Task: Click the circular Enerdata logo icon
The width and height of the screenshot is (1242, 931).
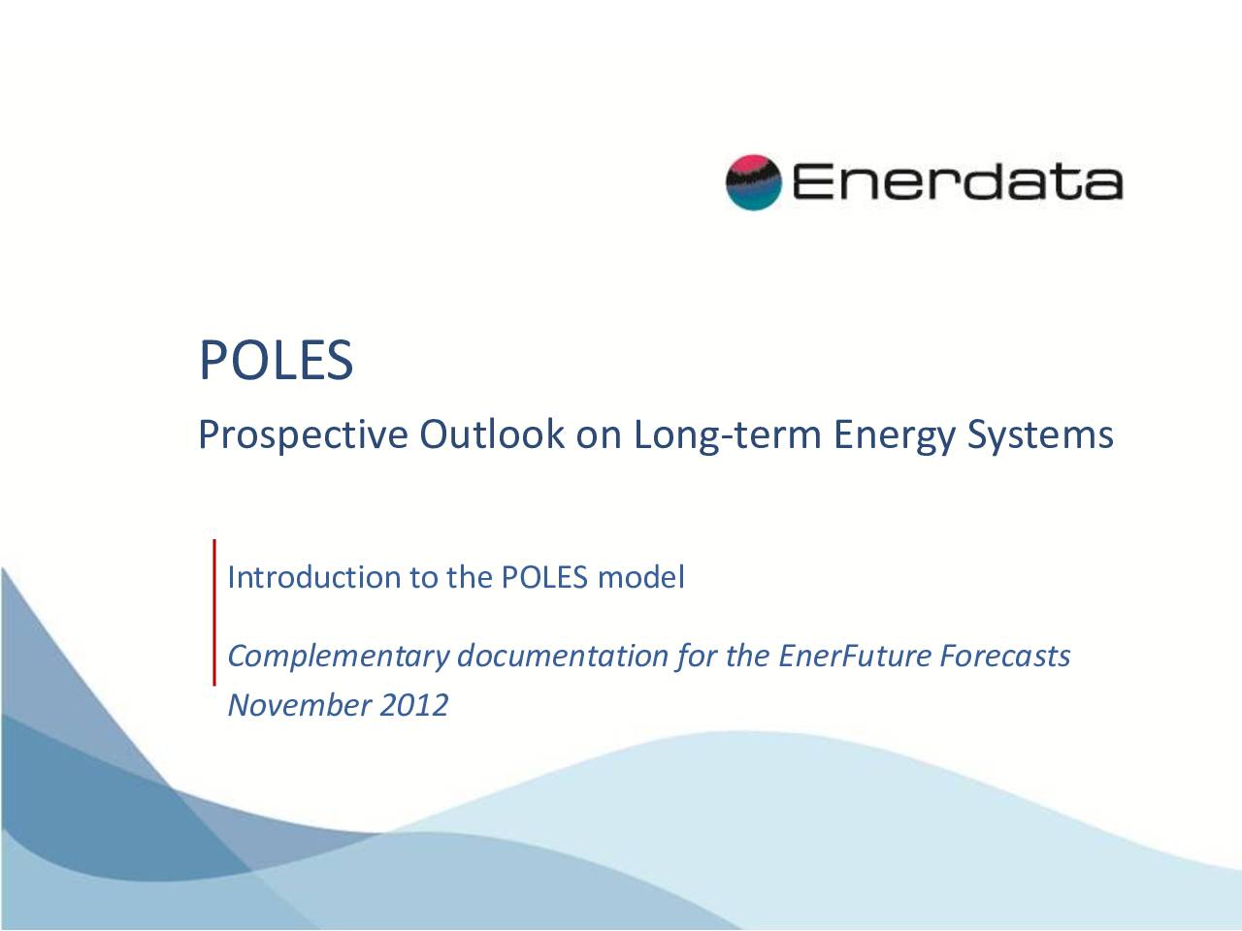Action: pos(754,182)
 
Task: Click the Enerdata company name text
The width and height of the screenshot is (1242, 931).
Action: pos(958,181)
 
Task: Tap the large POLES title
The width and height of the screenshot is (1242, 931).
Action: pos(277,360)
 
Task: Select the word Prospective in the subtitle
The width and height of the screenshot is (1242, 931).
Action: pos(303,435)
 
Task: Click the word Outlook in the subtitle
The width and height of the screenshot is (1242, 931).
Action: pos(492,434)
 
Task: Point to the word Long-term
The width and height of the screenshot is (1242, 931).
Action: pos(727,435)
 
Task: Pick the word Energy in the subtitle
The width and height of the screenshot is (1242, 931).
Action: pos(894,435)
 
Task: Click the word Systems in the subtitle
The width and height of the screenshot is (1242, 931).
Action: pos(1040,435)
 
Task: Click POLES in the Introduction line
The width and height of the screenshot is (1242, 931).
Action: pos(544,577)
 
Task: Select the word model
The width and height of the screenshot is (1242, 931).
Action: pos(641,577)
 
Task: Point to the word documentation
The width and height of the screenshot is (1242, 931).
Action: pos(563,656)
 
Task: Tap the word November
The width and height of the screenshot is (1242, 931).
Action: pos(299,705)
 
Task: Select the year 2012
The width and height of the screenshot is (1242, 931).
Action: pos(413,705)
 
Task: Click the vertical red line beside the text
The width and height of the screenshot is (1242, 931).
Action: pos(214,613)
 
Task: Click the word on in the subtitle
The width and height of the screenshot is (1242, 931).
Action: pos(599,437)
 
